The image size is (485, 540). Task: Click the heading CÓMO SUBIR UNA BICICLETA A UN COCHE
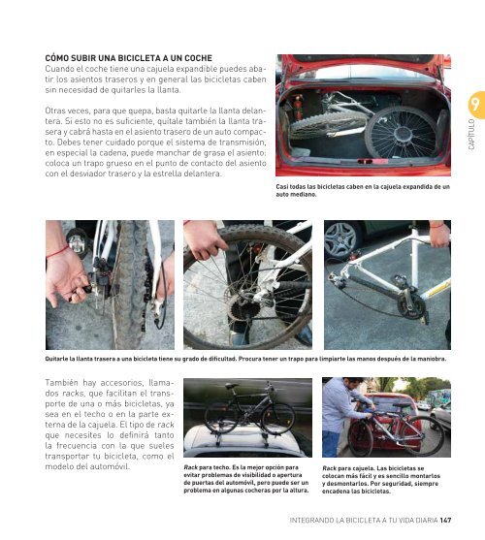pyautogui.click(x=128, y=58)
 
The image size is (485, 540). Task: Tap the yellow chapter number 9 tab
pyautogui.click(x=476, y=105)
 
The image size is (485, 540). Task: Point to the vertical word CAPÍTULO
pyautogui.click(x=471, y=135)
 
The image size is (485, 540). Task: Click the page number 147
pyautogui.click(x=445, y=520)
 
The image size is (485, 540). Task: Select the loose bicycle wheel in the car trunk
pyautogui.click(x=401, y=132)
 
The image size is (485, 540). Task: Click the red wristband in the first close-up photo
pyautogui.click(x=57, y=252)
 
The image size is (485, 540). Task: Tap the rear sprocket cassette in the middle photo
pyautogui.click(x=243, y=307)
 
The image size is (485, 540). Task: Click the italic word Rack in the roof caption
pyautogui.click(x=190, y=467)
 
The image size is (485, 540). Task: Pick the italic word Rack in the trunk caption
pyautogui.click(x=329, y=468)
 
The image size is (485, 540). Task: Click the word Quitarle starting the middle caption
pyautogui.click(x=56, y=359)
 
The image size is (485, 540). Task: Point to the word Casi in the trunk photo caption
pyautogui.click(x=281, y=187)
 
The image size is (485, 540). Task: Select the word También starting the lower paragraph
pyautogui.click(x=60, y=383)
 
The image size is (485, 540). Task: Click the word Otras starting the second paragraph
pyautogui.click(x=54, y=111)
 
